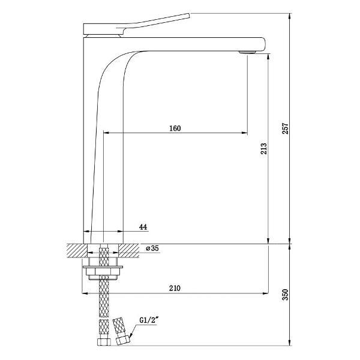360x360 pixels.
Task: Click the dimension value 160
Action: point(175,128)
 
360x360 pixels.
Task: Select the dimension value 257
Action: point(285,128)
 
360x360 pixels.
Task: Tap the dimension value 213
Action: point(263,149)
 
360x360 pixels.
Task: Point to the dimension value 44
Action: point(143,227)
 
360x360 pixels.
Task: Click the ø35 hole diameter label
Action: point(152,248)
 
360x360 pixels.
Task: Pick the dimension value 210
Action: point(175,288)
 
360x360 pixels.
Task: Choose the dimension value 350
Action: point(285,295)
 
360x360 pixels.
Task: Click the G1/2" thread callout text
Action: point(149,320)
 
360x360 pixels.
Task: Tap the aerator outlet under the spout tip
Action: point(247,52)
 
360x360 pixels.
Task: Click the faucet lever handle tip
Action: point(189,16)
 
